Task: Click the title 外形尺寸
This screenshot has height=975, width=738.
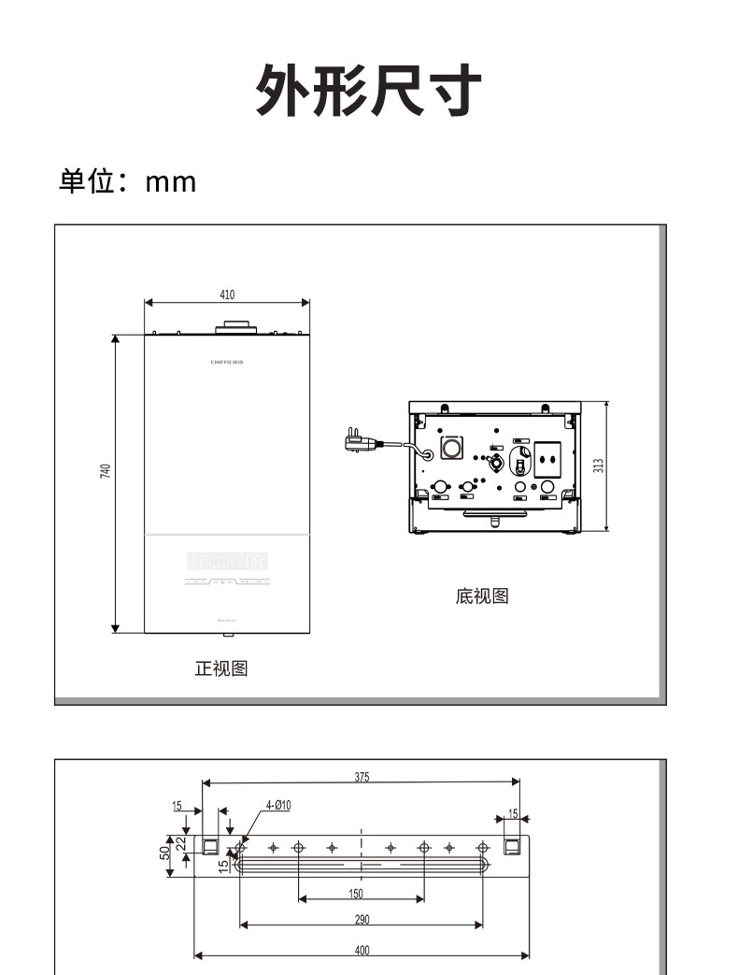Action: click(x=369, y=91)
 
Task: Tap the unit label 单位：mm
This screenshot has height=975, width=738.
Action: click(x=128, y=181)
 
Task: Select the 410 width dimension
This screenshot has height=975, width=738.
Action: click(x=227, y=294)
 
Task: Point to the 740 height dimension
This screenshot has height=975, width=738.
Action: click(x=106, y=472)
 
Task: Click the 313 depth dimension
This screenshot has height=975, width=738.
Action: click(x=598, y=465)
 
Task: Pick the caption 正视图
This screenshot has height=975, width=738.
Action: click(x=221, y=668)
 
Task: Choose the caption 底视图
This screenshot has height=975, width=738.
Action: click(x=482, y=595)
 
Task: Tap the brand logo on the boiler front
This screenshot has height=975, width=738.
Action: click(x=227, y=359)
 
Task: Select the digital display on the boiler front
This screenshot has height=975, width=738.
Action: click(x=227, y=562)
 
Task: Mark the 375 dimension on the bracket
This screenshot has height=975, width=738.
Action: click(x=362, y=776)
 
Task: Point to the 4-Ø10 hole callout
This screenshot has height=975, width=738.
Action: click(x=278, y=805)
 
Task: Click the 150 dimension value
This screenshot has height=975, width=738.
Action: click(x=356, y=894)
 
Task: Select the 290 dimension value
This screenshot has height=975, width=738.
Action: click(x=362, y=920)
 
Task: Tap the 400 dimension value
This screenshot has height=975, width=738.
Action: click(x=362, y=951)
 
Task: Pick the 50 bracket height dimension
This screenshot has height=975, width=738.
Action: click(x=164, y=853)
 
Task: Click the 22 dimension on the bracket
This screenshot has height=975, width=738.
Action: click(x=182, y=842)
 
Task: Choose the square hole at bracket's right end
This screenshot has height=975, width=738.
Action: click(x=511, y=846)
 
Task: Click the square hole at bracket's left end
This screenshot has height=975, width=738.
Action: click(x=210, y=846)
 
